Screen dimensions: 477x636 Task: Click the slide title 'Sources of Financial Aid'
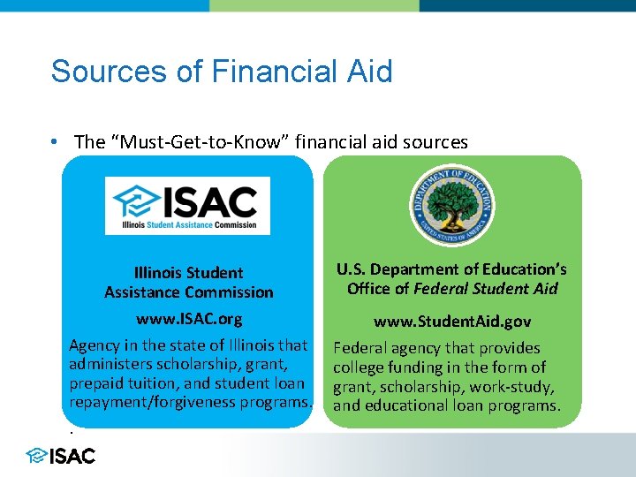tap(222, 71)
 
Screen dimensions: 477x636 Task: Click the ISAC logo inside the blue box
tap(187, 205)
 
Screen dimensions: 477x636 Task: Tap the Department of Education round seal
tap(452, 206)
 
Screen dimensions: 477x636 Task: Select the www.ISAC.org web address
tap(189, 318)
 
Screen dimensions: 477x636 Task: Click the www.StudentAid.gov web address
tap(452, 322)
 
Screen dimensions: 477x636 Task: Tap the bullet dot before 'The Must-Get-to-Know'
tap(56, 142)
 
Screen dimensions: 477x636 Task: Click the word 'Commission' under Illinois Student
tap(233, 292)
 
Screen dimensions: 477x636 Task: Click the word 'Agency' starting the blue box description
tap(92, 345)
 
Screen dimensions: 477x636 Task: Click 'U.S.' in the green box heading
tap(351, 269)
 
